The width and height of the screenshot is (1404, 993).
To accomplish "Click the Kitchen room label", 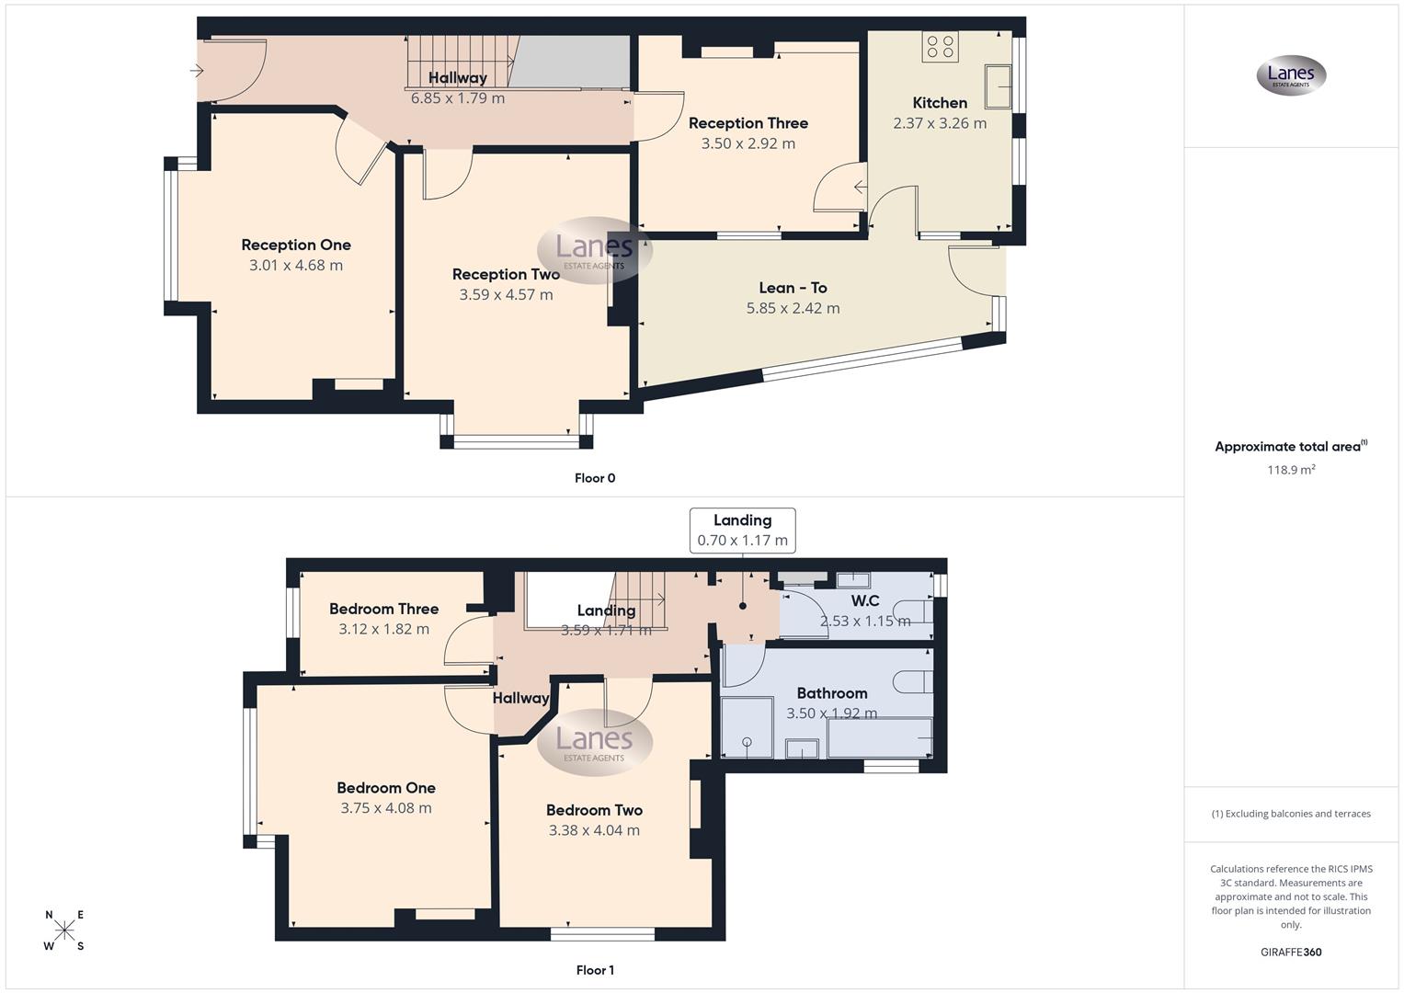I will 939,103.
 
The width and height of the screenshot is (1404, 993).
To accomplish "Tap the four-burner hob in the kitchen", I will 940,47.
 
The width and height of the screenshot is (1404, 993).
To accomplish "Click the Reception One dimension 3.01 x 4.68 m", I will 295,266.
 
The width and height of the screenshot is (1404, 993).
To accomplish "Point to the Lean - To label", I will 793,288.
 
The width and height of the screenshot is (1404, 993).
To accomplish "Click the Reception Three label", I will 748,123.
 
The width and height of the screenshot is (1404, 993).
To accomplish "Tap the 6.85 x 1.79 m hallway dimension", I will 457,98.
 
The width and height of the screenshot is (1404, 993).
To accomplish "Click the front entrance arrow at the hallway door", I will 197,71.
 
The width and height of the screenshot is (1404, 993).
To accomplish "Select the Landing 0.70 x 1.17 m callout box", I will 742,531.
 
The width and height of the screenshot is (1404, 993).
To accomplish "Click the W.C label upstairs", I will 864,601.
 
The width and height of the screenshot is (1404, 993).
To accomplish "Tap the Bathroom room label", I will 831,693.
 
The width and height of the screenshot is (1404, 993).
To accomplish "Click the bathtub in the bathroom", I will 880,739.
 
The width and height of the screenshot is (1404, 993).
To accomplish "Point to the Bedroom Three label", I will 383,609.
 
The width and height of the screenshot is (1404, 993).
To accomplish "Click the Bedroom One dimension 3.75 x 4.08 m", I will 385,808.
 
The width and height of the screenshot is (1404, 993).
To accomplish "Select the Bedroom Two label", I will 594,810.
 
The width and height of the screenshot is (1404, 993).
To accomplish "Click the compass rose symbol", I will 64,930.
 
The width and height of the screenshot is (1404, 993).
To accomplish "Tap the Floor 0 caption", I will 595,478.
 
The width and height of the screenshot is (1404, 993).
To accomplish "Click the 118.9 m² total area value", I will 1291,470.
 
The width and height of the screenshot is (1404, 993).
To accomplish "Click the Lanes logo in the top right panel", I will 1291,75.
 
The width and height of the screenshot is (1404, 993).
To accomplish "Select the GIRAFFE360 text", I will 1291,953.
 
